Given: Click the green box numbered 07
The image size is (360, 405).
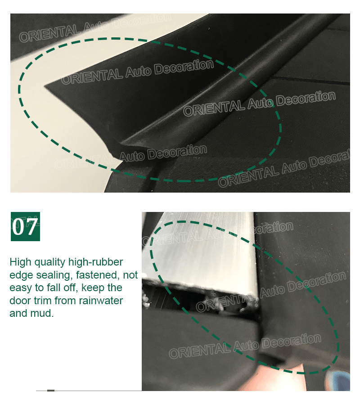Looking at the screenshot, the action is tap(25, 226).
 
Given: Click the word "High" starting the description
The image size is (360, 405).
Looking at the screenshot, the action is tap(21, 262).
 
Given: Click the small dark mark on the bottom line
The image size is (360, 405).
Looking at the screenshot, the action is tap(51, 391).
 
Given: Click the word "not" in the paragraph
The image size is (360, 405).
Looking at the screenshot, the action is tap(130, 275).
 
